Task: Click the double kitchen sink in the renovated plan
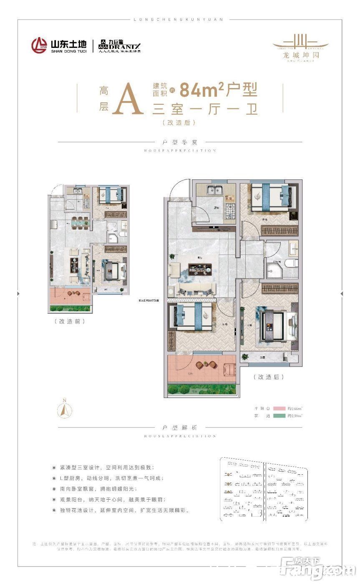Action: click(x=217, y=190)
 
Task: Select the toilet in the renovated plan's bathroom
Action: click(x=292, y=263)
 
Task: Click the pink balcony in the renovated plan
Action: click(x=202, y=369)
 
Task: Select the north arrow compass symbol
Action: click(x=64, y=409)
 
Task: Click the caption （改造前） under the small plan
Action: click(x=70, y=321)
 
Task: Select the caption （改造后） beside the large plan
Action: click(x=268, y=377)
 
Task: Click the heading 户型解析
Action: click(x=180, y=428)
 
